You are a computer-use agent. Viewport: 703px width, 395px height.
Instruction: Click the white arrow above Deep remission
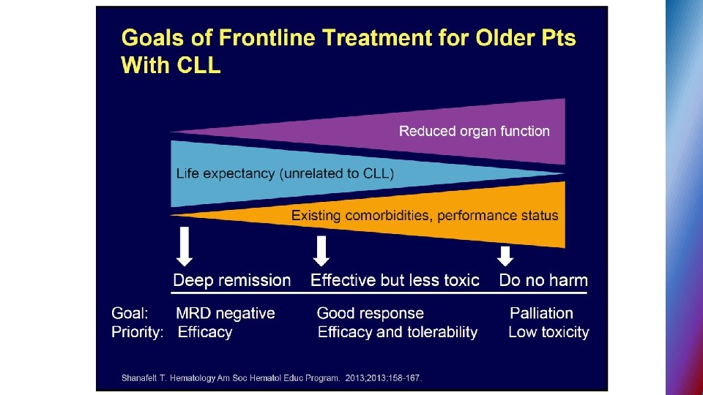185,247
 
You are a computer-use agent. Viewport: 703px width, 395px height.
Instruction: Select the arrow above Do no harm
505,255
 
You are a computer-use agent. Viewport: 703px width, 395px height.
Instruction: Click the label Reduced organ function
474,132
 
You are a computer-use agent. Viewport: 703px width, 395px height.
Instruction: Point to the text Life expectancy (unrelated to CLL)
285,174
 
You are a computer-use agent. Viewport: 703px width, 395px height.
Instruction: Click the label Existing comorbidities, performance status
425,216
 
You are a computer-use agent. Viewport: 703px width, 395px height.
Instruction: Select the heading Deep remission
231,280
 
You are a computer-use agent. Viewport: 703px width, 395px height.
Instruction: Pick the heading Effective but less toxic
395,280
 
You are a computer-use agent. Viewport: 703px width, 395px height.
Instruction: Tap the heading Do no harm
543,280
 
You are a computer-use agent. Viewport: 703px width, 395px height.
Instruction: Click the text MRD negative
226,313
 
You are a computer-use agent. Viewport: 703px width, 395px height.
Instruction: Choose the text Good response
370,313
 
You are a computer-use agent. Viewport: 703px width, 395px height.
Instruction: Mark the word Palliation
541,313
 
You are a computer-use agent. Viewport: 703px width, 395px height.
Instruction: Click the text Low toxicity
548,332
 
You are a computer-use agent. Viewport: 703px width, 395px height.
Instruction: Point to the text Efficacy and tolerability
397,332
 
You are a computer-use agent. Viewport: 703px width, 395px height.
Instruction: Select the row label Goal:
130,313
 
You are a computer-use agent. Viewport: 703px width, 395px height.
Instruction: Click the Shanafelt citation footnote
272,378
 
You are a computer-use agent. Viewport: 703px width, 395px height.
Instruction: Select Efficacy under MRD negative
205,332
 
